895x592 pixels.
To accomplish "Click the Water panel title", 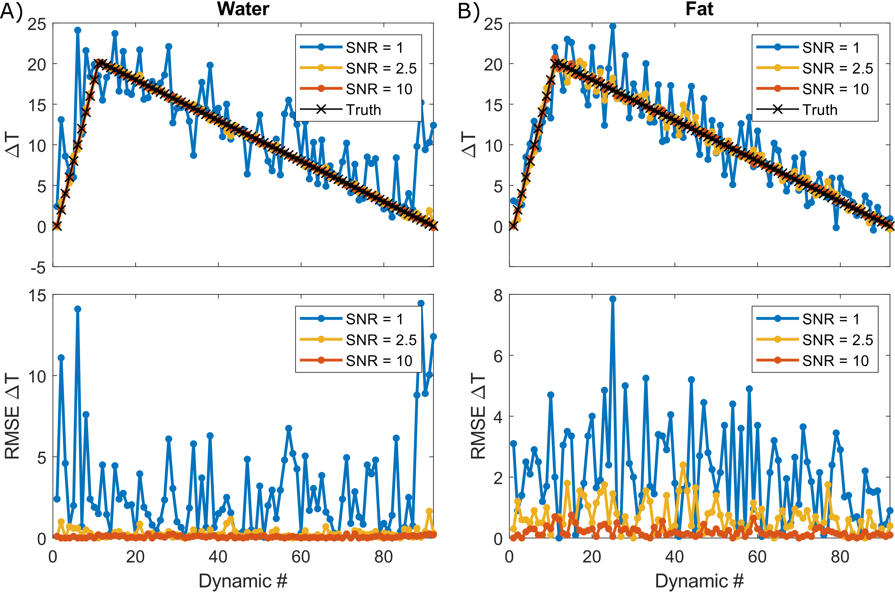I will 243,9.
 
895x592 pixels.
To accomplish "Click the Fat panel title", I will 699,9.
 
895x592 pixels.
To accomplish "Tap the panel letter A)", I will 11,11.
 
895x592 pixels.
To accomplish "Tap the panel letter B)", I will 468,11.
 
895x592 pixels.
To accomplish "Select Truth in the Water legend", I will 363,110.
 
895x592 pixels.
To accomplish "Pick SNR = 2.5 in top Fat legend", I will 837,68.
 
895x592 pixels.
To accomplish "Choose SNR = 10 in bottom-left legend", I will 379,361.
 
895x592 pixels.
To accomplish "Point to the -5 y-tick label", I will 38,268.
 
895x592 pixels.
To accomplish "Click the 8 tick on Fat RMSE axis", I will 498,295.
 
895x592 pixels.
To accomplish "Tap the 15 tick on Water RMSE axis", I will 37,295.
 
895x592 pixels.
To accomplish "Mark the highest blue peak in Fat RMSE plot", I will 612,299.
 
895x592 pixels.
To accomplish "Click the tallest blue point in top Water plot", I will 78,30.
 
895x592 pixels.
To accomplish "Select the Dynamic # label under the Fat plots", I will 699,581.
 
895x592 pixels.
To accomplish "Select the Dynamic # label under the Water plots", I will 243,581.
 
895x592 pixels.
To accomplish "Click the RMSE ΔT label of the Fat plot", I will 478,416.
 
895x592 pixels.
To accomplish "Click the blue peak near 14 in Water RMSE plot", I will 78,309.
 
